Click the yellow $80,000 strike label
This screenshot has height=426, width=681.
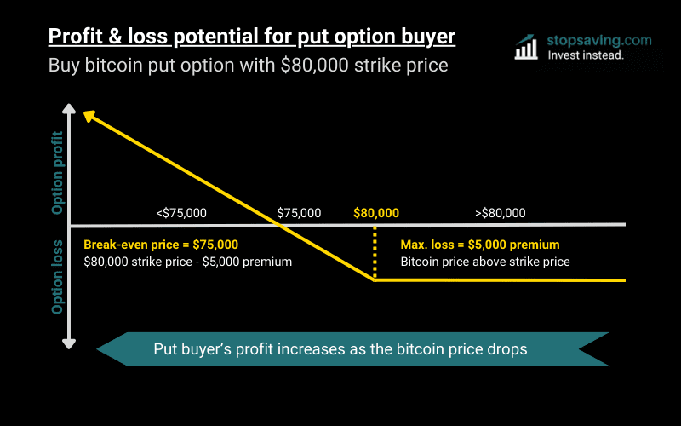[375, 213]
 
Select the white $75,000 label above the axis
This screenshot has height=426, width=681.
[299, 213]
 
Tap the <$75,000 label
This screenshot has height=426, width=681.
[180, 213]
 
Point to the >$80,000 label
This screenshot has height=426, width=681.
[500, 213]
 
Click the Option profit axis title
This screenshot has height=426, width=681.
[58, 172]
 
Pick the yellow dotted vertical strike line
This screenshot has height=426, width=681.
[375, 253]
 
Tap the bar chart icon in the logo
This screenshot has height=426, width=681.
[526, 48]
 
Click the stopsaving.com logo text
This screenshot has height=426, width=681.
[588, 40]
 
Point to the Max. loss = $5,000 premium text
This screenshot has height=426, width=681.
[480, 245]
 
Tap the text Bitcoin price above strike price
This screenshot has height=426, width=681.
[485, 262]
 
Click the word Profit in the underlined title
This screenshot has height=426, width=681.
[74, 37]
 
